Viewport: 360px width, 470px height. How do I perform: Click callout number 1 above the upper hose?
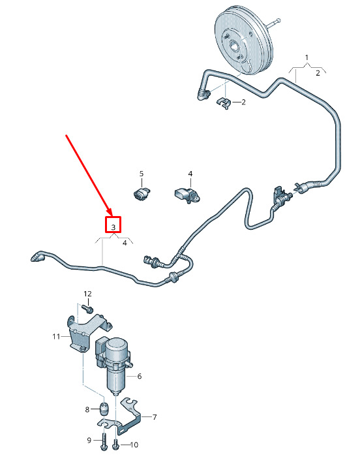(307, 57)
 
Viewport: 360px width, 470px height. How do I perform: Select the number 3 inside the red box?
(113, 227)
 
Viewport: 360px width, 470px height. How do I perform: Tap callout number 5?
(142, 174)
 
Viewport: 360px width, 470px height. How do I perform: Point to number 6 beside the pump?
(140, 376)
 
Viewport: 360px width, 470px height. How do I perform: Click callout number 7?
(155, 417)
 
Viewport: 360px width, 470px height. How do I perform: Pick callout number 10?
(134, 445)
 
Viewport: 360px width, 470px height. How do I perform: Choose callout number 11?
(56, 337)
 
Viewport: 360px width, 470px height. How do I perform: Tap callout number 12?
(87, 294)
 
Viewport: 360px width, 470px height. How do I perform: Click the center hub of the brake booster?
(233, 46)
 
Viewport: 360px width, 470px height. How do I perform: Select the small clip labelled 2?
(223, 103)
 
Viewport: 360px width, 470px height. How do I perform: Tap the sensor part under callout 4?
(187, 195)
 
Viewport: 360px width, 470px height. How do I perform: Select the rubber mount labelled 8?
(104, 407)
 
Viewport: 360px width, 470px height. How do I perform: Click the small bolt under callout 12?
(88, 308)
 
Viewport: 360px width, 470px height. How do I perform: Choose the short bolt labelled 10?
(115, 445)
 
